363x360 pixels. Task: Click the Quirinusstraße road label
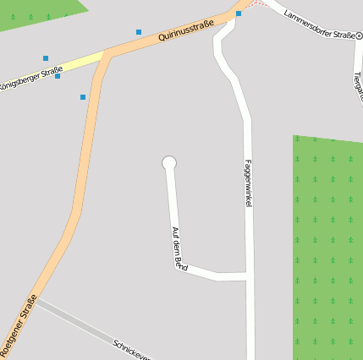[x=185, y=33]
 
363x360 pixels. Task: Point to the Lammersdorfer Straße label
[x=319, y=25]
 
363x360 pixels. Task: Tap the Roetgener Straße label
[x=19, y=325]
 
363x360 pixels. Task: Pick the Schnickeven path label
[x=131, y=350]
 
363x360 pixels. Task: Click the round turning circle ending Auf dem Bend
[x=169, y=162]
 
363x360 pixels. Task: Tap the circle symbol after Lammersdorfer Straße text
[x=359, y=35]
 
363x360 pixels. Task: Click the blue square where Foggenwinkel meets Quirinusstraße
[x=239, y=14]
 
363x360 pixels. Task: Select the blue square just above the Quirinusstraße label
[x=139, y=32]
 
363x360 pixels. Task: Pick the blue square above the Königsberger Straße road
[x=46, y=58]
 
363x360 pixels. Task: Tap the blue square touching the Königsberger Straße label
[x=58, y=76]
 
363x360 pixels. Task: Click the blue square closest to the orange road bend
[x=83, y=97]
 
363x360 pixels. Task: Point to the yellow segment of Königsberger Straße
[x=80, y=62]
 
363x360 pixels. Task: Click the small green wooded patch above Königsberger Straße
[x=38, y=13]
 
